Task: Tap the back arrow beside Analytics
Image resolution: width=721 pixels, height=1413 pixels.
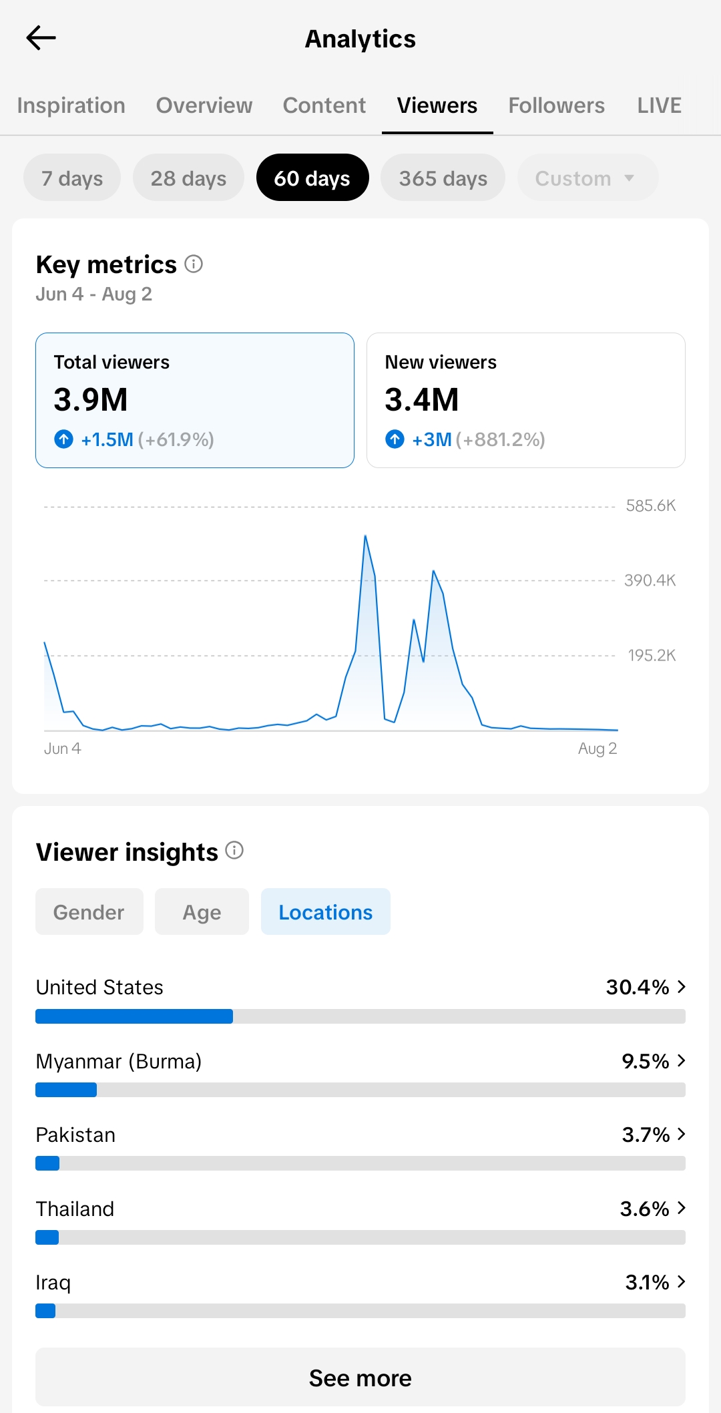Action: coord(41,38)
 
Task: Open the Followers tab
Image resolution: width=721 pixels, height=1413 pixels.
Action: coord(556,106)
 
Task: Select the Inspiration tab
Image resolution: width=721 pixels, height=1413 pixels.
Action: coord(71,106)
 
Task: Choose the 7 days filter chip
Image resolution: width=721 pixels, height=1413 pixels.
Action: coord(72,178)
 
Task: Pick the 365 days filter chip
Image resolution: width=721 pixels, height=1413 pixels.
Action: coord(443,178)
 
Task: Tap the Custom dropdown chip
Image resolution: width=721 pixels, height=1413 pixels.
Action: coord(587,178)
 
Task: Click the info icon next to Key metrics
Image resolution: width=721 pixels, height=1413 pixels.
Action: coord(194,264)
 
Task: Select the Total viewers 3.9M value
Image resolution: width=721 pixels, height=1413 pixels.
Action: coord(91,399)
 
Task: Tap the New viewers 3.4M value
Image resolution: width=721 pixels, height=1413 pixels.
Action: coord(422,399)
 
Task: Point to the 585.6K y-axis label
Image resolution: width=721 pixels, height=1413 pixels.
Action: coord(651,506)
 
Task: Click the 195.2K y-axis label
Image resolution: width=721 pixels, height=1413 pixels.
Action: coord(652,655)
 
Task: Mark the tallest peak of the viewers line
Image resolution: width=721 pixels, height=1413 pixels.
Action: coord(365,536)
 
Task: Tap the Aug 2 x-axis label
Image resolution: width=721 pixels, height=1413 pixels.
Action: coord(597,749)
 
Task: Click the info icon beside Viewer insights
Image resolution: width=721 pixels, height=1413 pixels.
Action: coord(234,850)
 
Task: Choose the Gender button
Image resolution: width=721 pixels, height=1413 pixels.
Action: coord(89,912)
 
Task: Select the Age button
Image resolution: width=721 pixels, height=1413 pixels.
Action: coord(202,912)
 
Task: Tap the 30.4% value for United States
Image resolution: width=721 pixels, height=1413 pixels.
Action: coord(638,987)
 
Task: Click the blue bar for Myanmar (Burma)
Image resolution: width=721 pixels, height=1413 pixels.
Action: coord(66,1090)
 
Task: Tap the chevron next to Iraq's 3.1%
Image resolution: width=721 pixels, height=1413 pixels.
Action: coord(681,1281)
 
